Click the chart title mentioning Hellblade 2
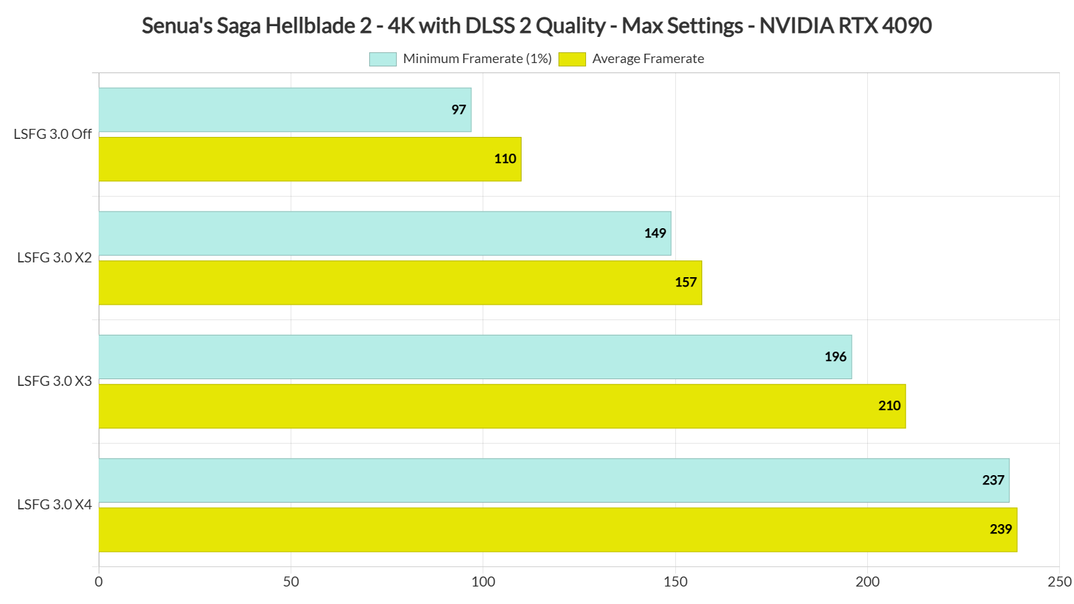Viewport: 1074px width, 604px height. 536,26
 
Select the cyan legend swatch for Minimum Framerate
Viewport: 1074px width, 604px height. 383,59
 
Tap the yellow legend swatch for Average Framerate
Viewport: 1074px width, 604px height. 572,59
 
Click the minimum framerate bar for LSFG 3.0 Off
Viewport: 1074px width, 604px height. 285,109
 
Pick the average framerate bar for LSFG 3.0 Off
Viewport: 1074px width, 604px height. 309,159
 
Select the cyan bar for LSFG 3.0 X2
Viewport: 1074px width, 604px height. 385,233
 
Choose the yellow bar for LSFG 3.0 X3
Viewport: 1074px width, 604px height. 502,406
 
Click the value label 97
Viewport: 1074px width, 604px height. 458,109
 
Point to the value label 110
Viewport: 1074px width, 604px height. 505,159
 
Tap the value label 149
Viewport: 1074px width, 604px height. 654,233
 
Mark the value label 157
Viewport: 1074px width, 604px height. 685,283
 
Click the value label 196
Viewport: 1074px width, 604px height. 835,356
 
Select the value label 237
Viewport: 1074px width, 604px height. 993,480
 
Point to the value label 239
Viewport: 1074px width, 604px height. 1000,530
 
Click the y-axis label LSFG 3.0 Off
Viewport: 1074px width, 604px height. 52,134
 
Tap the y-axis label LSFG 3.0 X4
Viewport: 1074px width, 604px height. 54,505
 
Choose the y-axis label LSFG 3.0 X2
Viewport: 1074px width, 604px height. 54,258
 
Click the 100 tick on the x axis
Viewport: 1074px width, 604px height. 483,582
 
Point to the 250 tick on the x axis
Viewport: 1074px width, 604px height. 1059,582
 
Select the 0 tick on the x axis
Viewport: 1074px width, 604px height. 99,582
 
